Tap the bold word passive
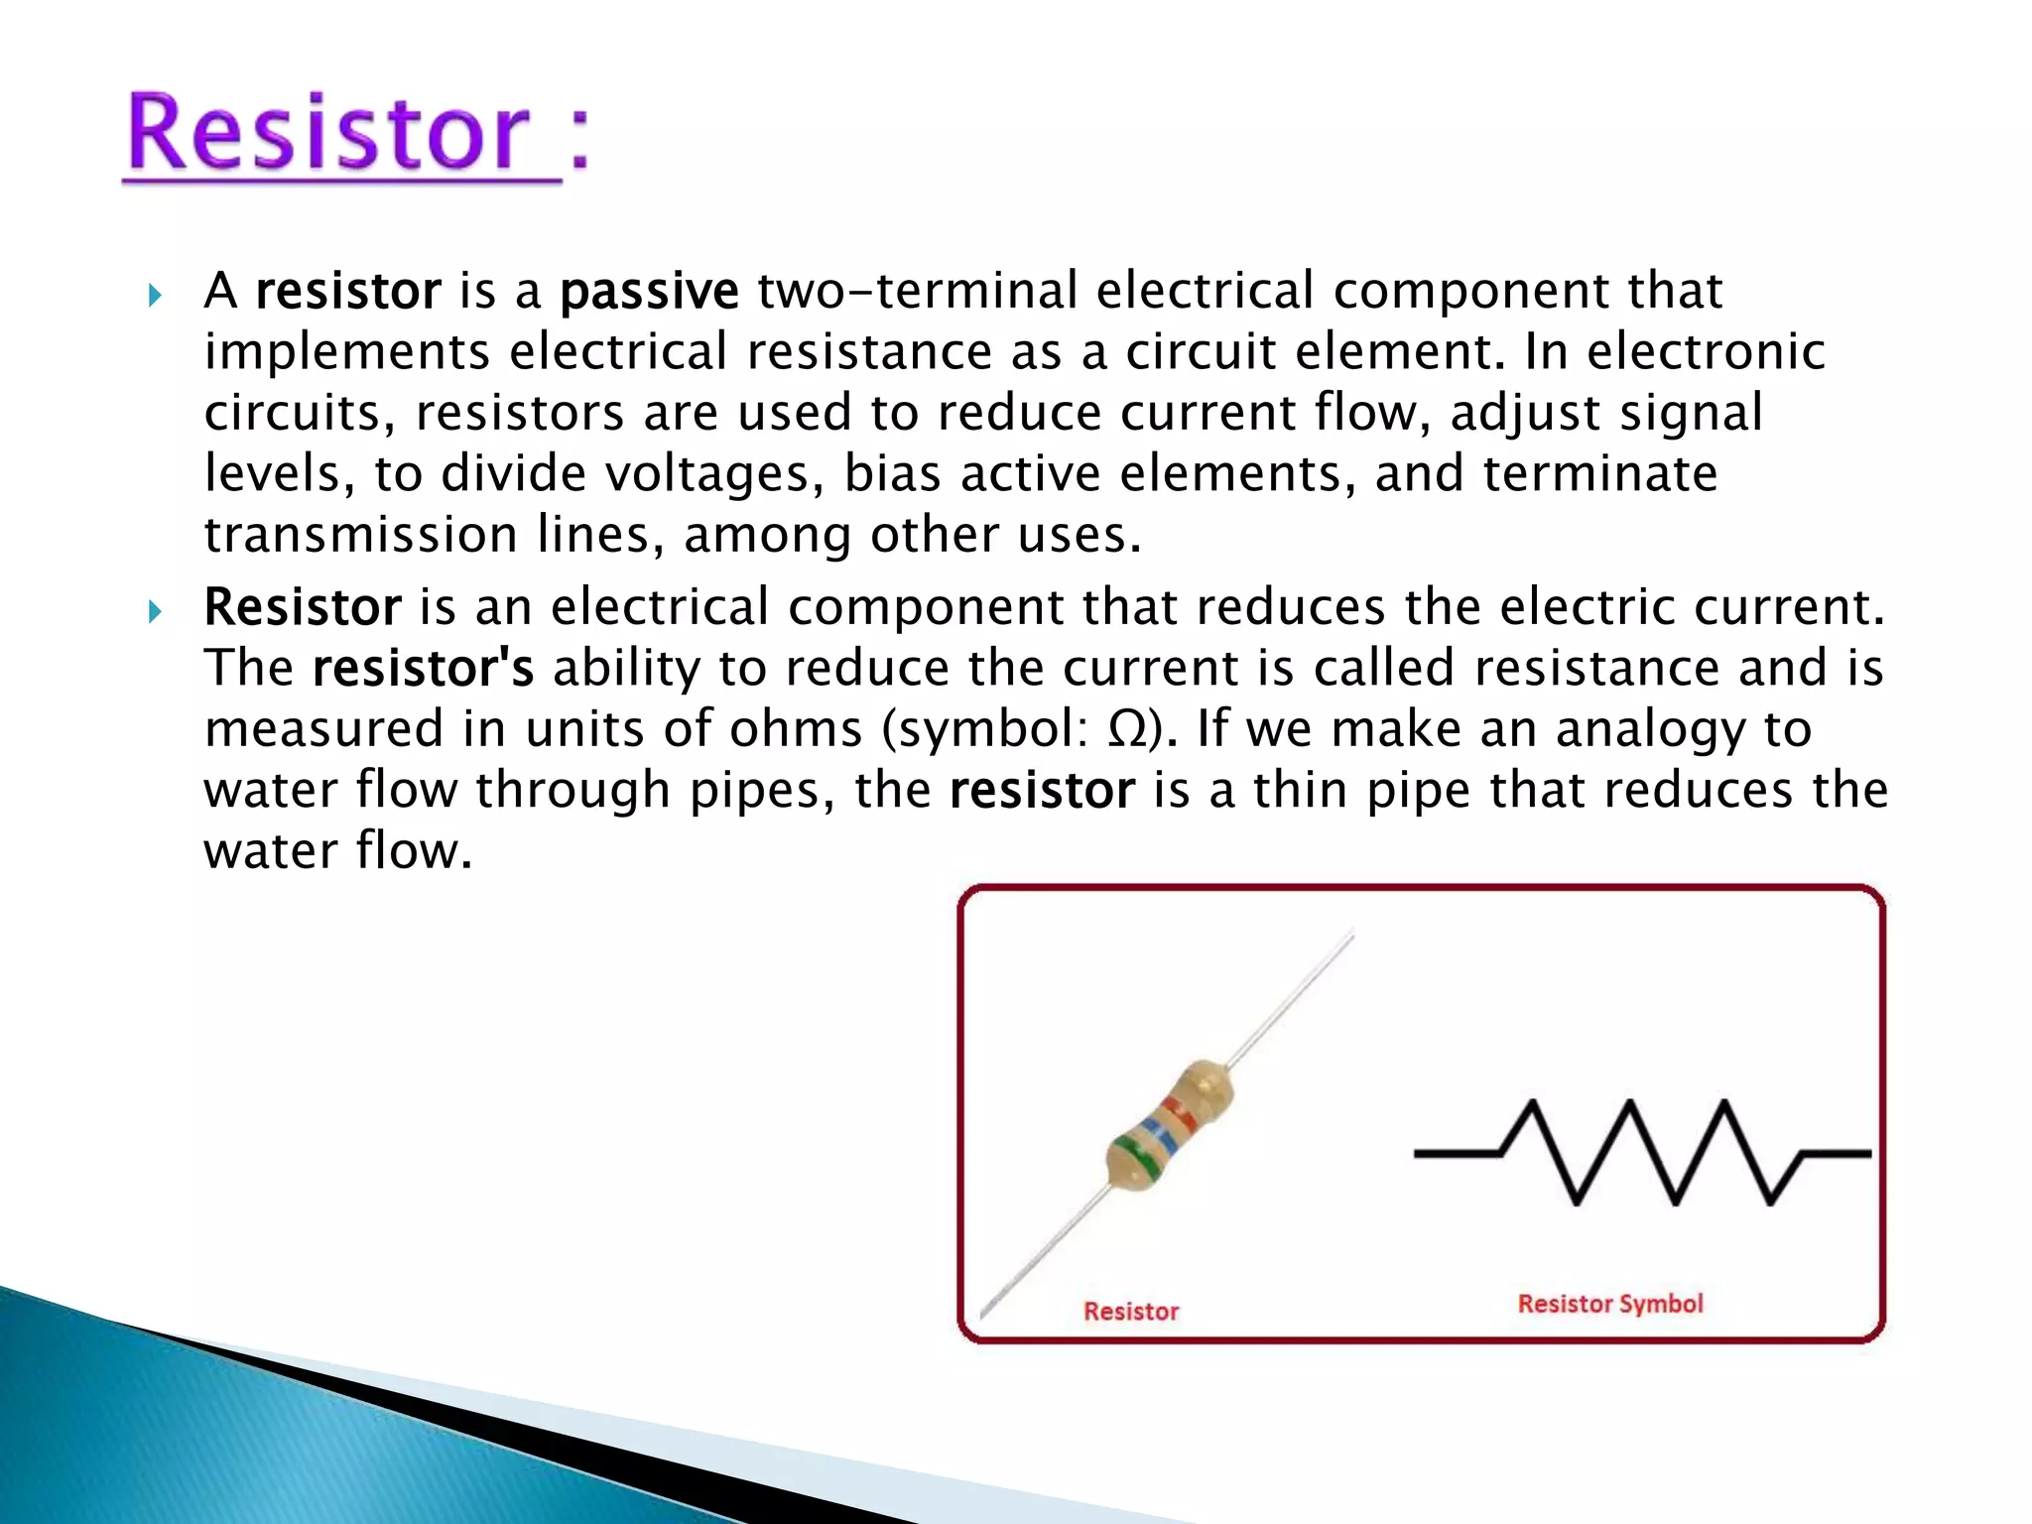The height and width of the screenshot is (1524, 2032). pos(649,292)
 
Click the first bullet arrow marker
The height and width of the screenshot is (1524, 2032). pos(155,295)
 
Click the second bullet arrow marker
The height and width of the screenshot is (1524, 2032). pos(155,611)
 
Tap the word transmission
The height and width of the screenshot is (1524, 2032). pos(360,536)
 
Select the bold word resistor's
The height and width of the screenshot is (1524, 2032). pos(423,669)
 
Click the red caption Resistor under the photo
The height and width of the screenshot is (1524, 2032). pos(1131,1312)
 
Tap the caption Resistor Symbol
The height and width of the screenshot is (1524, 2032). pos(1610,1304)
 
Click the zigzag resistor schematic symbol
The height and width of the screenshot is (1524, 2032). pos(1642,1153)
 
